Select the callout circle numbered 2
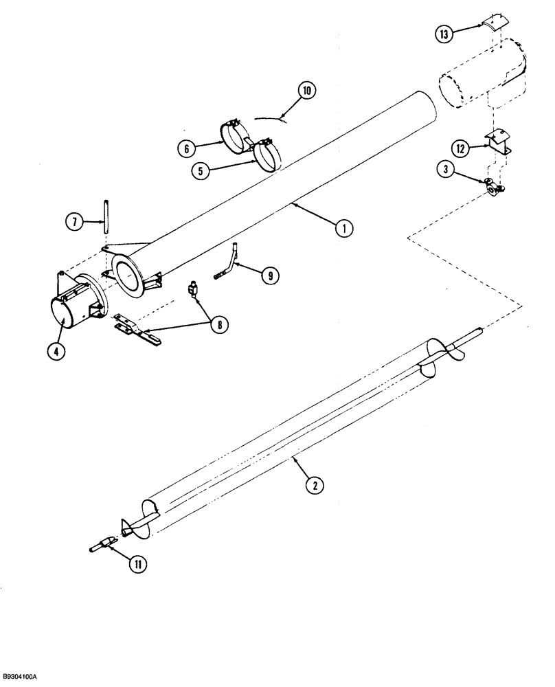pos(314,485)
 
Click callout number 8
pos(220,324)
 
